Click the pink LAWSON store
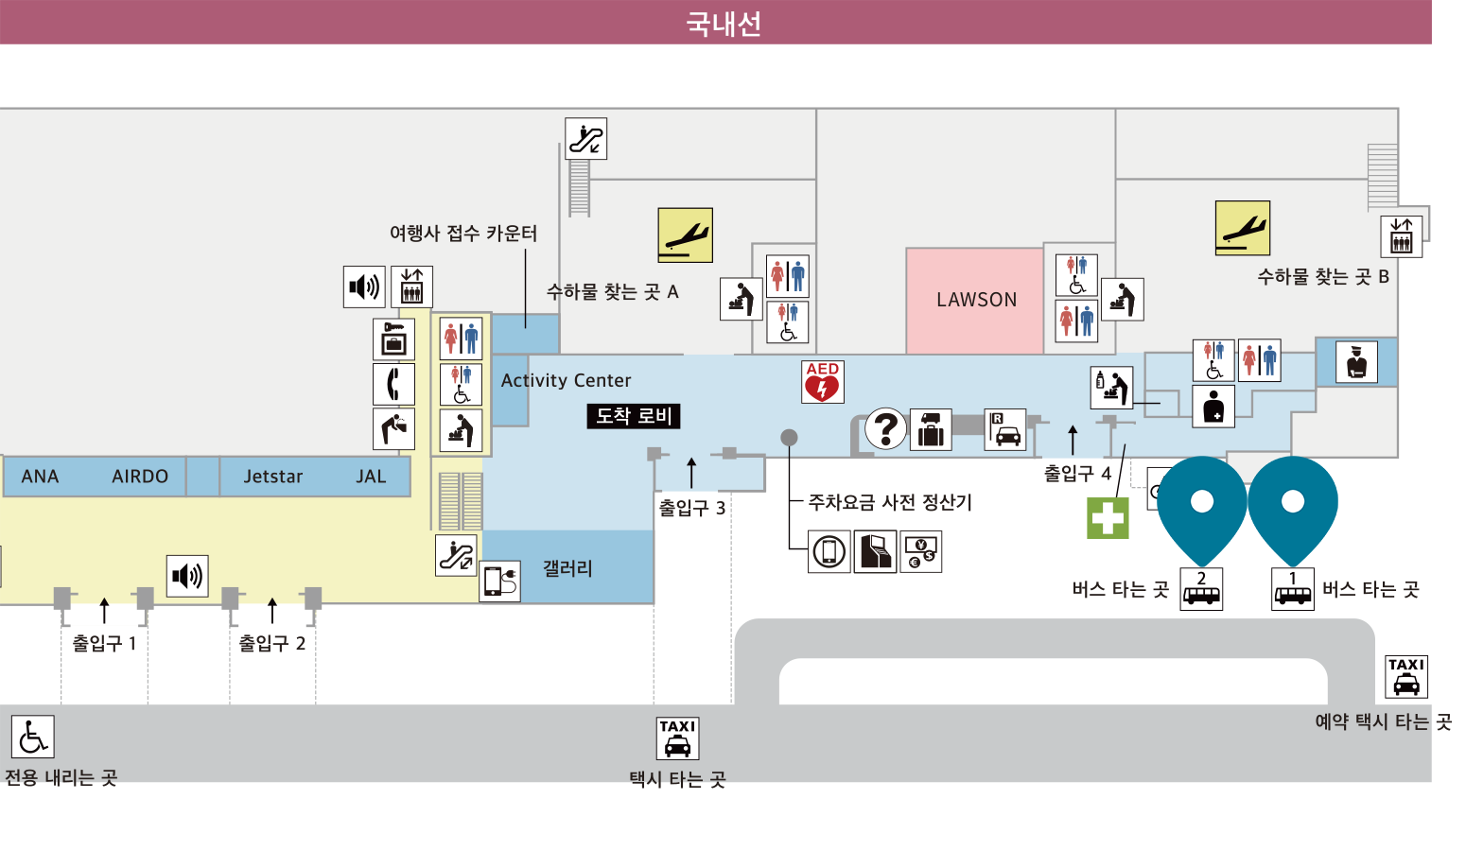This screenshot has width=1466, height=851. (974, 301)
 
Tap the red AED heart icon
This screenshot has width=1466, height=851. (823, 381)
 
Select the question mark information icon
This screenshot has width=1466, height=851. (885, 429)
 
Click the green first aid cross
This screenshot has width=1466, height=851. (1108, 518)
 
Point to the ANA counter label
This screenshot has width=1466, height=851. (40, 477)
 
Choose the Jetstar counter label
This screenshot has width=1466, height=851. (273, 477)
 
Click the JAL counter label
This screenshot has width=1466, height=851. (371, 477)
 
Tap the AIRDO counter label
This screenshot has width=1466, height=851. (140, 477)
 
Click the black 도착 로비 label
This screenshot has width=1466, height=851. (634, 416)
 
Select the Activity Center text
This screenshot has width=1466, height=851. (567, 380)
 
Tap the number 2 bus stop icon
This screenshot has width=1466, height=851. (1201, 589)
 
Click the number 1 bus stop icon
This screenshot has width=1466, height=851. (1293, 589)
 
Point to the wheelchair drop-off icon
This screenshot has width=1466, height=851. (33, 737)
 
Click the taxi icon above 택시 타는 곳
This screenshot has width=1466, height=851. (677, 738)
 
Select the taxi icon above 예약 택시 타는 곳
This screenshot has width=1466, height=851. (1406, 677)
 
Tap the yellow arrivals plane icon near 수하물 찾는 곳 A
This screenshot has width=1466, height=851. (685, 235)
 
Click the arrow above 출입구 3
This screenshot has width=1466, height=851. (691, 473)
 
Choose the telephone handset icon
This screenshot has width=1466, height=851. (393, 384)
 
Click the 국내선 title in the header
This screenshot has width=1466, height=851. (724, 24)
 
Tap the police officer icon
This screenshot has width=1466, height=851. (1356, 362)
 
